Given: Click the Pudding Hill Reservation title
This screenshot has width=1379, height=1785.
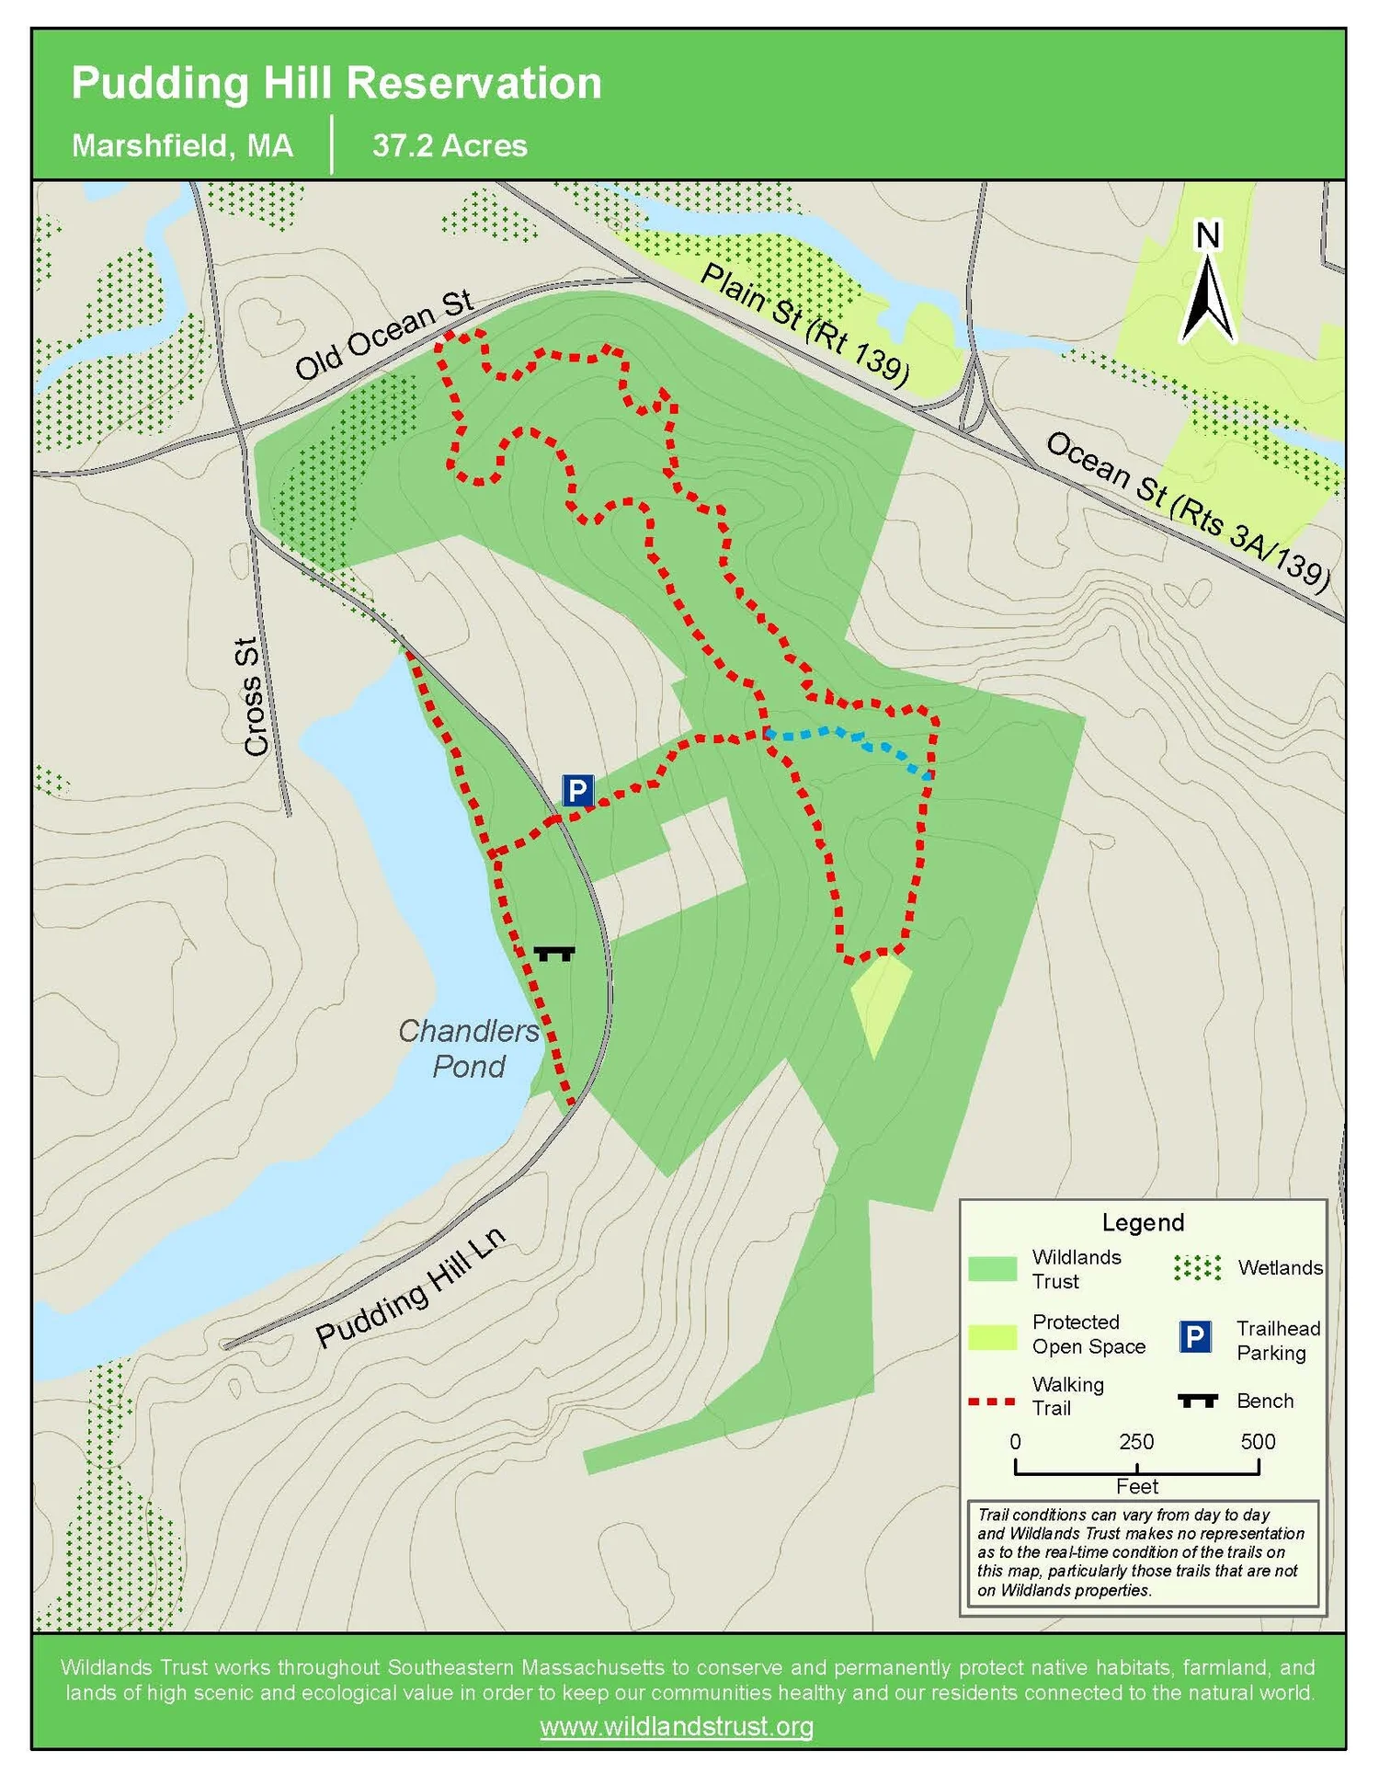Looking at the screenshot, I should point(336,84).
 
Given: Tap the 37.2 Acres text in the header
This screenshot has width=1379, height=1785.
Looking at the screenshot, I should point(450,146).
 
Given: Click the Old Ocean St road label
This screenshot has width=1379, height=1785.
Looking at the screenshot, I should point(383,335).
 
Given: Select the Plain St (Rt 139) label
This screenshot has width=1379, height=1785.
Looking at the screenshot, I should point(804,323).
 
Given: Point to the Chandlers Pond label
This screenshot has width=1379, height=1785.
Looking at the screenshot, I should point(469,1048).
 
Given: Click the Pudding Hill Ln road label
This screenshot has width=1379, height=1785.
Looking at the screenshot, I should point(410,1287).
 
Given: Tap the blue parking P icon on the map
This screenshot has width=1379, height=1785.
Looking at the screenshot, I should point(577,790).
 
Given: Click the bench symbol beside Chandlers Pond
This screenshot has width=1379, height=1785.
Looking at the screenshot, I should point(554,954).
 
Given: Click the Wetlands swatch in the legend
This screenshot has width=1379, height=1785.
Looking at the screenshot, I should point(1197,1267).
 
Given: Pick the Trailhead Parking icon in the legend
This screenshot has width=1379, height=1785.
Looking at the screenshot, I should point(1194,1336).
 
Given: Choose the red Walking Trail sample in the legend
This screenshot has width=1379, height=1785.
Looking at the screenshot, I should point(992,1402).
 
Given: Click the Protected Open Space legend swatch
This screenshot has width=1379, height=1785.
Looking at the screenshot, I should point(993,1336).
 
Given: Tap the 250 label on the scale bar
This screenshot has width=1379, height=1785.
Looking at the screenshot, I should point(1136,1441).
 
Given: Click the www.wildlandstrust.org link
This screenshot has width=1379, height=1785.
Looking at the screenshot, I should point(677,1726).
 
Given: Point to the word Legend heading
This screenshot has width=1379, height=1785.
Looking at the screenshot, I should point(1143,1222).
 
